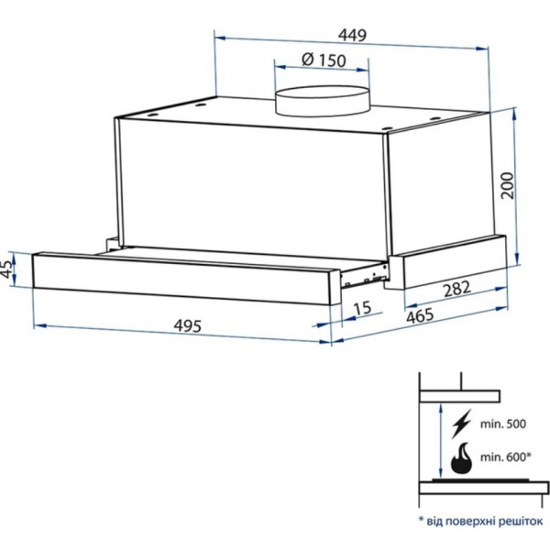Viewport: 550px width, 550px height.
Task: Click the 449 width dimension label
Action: pos(353,35)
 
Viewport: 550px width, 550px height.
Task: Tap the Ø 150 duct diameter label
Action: pos(324,60)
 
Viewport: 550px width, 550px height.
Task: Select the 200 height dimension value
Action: pos(508,185)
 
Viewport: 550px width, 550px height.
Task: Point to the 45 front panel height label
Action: pos(8,269)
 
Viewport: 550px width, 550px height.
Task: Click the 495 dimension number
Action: pos(188,325)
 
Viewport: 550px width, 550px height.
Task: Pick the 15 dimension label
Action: pos(362,308)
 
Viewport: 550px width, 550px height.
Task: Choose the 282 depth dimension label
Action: pos(456,289)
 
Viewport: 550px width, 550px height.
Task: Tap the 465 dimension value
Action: pos(420,315)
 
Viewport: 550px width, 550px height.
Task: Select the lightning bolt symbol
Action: pos(462,423)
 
